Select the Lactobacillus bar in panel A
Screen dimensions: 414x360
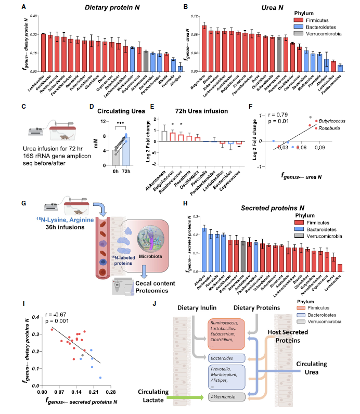43,52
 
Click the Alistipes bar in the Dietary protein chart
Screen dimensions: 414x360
181,68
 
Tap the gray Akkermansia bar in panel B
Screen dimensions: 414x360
279,54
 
